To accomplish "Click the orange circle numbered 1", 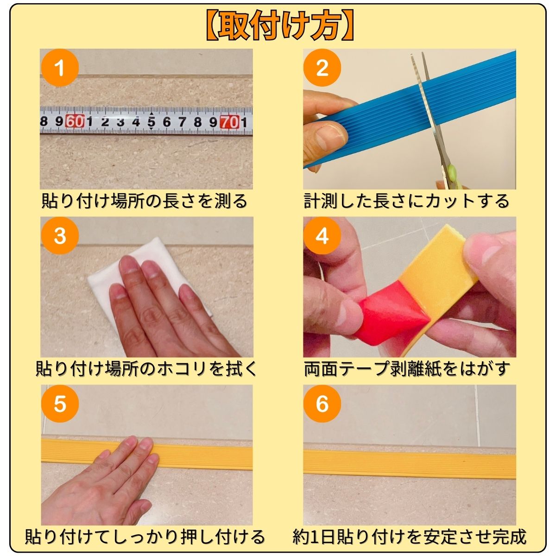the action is click(60, 68).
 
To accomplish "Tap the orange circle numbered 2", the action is click(322, 68).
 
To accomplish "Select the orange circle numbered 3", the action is click(60, 235).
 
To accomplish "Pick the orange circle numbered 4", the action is click(322, 235).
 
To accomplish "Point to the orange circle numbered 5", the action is click(60, 404).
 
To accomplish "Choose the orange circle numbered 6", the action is click(322, 404).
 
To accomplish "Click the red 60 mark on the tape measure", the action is click(75, 121).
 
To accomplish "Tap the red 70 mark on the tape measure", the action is click(229, 122).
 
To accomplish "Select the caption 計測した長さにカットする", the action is click(407, 202).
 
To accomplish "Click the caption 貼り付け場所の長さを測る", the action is click(144, 202).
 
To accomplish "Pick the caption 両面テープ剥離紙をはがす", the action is click(407, 369).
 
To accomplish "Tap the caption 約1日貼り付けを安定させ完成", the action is click(410, 537).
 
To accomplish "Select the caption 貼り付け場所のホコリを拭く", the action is click(146, 369).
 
